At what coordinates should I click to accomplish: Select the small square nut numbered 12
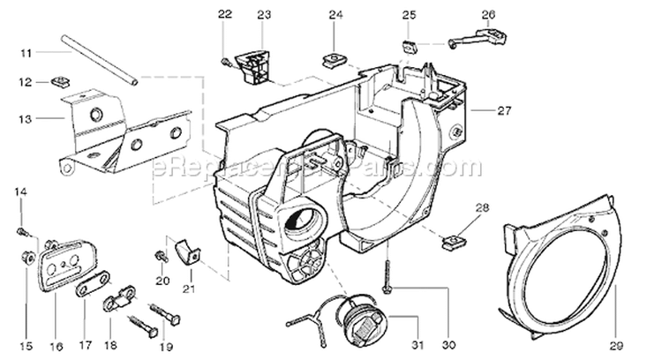point(62,82)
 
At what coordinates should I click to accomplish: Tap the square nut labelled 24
point(334,59)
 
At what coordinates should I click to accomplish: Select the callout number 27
point(504,110)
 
